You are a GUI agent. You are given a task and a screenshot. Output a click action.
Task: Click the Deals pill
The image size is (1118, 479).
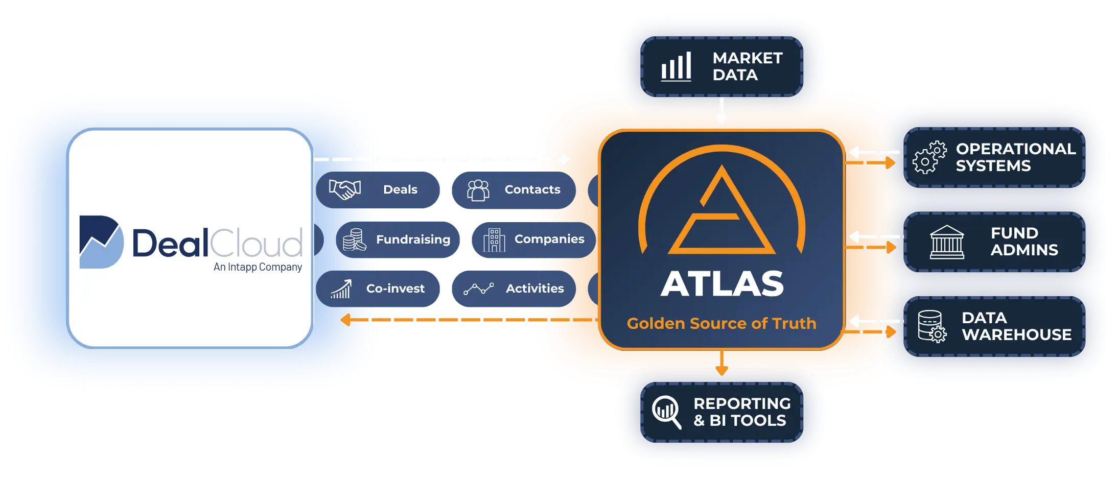[x=378, y=189]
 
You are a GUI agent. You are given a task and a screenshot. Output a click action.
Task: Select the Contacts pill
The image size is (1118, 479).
[x=514, y=190]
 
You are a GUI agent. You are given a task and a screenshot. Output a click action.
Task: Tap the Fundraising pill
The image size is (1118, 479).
[x=398, y=240]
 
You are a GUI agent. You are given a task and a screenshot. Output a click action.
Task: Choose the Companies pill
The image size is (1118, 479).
[x=533, y=240]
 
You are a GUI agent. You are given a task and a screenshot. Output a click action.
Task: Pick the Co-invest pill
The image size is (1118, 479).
[x=378, y=289]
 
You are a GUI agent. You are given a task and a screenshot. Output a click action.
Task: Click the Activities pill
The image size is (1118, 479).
[x=514, y=289]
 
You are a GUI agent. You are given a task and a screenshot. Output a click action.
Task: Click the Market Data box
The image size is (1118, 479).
[x=721, y=66]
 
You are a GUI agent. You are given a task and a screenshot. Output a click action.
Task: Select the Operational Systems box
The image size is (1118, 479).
[x=994, y=157]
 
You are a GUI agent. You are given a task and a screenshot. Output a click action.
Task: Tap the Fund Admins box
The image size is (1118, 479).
[x=994, y=242]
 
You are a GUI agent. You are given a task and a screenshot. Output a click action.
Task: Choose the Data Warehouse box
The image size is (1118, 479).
[x=994, y=326]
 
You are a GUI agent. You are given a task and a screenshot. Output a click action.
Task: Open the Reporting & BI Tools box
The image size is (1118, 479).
[x=721, y=412]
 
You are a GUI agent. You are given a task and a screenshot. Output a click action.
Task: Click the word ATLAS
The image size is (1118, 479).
[x=722, y=284]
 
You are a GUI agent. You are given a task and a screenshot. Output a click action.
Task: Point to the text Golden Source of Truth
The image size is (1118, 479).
[x=721, y=323]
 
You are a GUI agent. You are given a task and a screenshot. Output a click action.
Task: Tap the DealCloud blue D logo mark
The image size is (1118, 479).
[x=101, y=242]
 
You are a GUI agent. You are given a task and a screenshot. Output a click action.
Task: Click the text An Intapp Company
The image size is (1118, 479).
[x=258, y=267]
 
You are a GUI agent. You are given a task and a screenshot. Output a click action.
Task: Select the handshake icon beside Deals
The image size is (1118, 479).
[x=345, y=189]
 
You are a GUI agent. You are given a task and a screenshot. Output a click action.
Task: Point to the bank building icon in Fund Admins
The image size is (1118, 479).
[x=947, y=242]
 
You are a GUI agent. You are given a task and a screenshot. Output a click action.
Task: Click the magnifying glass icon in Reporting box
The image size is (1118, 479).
[x=667, y=412]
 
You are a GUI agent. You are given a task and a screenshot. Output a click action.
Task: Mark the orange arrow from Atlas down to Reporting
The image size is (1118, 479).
[x=721, y=363]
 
